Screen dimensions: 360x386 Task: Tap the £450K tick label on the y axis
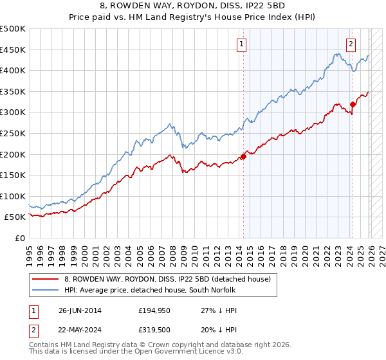[13, 50]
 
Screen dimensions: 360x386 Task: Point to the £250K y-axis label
[13, 133]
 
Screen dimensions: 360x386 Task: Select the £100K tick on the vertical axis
[13, 196]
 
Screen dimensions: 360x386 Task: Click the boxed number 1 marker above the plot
[241, 44]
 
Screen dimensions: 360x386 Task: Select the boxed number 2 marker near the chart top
[351, 44]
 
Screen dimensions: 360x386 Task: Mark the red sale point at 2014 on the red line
[244, 156]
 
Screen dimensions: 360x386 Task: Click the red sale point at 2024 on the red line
[353, 104]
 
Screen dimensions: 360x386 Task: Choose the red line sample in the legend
[46, 278]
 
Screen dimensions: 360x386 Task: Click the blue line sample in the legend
[46, 289]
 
